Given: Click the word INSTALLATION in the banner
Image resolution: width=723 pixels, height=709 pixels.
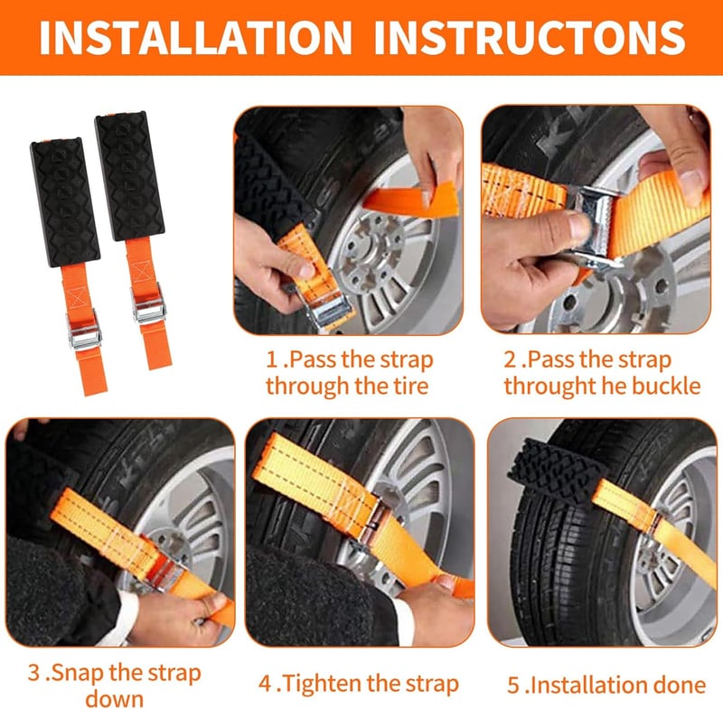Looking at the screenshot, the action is [x=195, y=37].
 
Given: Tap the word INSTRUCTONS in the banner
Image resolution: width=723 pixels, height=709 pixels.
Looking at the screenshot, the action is [x=530, y=37].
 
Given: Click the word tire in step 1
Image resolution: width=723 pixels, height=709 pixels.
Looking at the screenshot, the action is [x=410, y=386].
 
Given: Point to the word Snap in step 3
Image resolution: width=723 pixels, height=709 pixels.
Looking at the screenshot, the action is [x=78, y=673].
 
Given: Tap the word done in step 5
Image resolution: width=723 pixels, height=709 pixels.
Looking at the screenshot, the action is [x=682, y=685].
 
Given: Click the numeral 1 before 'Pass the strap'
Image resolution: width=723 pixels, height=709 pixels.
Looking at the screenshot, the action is [x=272, y=359].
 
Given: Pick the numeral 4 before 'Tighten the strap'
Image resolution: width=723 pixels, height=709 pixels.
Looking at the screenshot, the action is [x=265, y=684].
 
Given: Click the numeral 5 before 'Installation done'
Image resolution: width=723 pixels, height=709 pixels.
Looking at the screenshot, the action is [x=513, y=685].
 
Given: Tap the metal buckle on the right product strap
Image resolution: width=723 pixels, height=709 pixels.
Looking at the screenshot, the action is [x=148, y=303].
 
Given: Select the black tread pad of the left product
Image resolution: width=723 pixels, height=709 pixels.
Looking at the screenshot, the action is [x=64, y=201].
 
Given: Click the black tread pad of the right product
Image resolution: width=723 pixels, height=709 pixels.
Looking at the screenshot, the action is [x=129, y=175].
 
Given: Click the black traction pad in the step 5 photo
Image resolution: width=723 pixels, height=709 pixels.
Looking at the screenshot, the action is [x=557, y=475].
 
